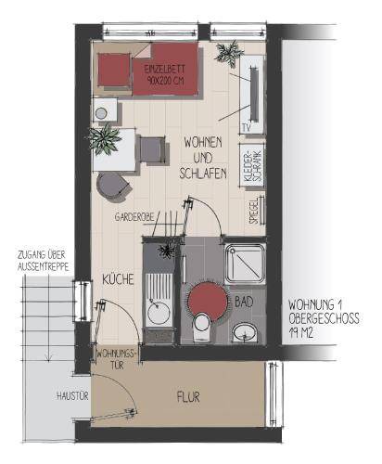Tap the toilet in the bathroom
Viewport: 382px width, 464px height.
coord(202,327)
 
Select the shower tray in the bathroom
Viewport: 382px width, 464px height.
coord(245,264)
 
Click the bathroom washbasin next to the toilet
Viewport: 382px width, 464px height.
coord(245,333)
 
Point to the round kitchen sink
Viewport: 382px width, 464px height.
coord(159,313)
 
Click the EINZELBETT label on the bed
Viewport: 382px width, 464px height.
coord(164,69)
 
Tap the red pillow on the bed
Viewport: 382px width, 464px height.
coord(114,70)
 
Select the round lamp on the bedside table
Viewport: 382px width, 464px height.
coord(101,113)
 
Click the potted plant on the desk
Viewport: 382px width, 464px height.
coord(104,139)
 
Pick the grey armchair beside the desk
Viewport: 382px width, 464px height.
coord(153,149)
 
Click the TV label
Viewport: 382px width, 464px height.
coord(247,127)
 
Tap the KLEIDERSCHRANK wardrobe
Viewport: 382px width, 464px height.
coord(252,165)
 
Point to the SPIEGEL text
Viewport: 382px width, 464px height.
coord(254,211)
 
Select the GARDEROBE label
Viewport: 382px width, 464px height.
coord(134,217)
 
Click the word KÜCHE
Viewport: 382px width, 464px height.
coord(118,279)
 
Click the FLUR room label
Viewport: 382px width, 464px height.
coord(188,397)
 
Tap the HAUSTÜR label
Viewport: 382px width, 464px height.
coord(72,396)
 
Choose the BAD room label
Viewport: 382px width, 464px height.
coord(244,302)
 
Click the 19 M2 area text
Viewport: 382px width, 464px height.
coord(301,333)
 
